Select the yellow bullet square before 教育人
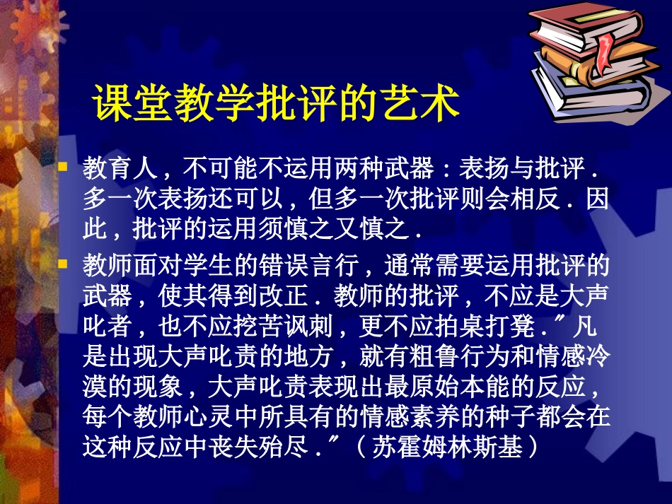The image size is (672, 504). pyautogui.click(x=63, y=168)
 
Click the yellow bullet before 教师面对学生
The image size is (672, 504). pyautogui.click(x=63, y=264)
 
